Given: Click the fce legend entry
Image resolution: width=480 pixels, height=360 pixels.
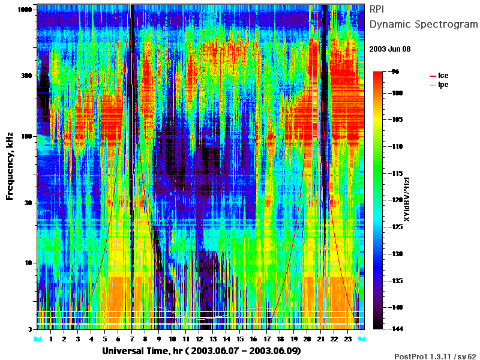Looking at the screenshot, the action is (x=439, y=76).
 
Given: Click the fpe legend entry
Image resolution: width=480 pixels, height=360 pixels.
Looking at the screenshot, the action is (x=439, y=85).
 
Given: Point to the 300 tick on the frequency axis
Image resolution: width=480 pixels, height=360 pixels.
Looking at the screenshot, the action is (x=26, y=76).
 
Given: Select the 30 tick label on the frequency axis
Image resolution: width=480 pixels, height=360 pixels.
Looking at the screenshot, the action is (x=28, y=203).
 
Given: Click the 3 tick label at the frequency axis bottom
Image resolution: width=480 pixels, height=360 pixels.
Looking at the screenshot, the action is (x=30, y=329).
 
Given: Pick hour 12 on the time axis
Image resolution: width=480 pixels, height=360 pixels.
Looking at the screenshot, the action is (x=199, y=339).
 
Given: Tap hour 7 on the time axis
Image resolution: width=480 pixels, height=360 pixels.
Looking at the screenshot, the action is (x=131, y=339).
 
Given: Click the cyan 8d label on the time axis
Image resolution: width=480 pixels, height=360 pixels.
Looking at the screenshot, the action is (x=37, y=339).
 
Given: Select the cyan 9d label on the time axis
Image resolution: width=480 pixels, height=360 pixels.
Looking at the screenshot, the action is (x=362, y=339).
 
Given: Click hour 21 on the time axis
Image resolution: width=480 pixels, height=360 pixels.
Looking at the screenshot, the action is (x=320, y=339).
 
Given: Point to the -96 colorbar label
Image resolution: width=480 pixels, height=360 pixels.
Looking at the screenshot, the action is (x=395, y=71).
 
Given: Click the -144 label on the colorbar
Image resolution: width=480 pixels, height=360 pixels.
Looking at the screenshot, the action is (x=396, y=329).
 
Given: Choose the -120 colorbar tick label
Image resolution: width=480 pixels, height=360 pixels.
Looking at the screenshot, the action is (x=396, y=200).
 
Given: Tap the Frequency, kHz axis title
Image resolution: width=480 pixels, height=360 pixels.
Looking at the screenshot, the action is (x=10, y=166).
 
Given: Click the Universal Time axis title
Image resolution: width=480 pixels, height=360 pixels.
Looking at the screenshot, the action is (x=202, y=351).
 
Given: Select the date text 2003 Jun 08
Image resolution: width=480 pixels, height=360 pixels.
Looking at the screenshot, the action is (x=389, y=49).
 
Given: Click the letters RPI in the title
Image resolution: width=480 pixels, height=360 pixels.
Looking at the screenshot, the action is (x=377, y=10).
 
